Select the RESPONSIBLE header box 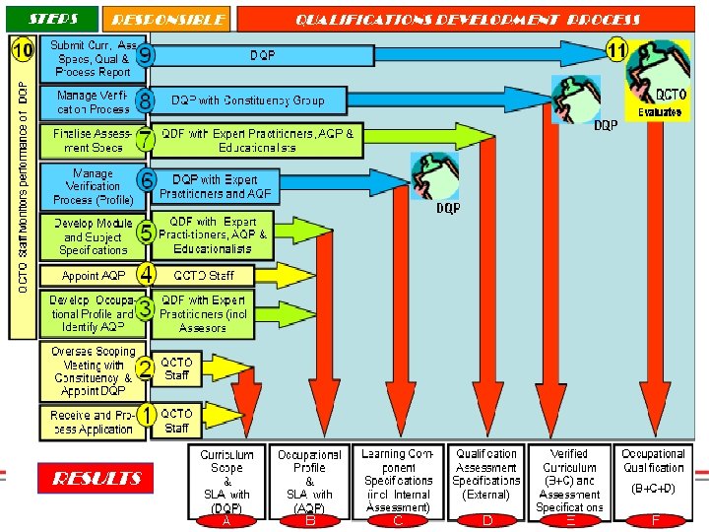pyautogui.click(x=167, y=19)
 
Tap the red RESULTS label pyautogui.click(x=96, y=478)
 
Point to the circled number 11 pyautogui.click(x=617, y=48)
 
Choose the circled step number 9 pyautogui.click(x=145, y=55)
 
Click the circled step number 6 pyautogui.click(x=145, y=180)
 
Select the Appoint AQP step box pyautogui.click(x=90, y=276)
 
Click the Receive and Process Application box pyautogui.click(x=90, y=422)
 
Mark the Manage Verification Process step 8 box pyautogui.click(x=90, y=101)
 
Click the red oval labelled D pyautogui.click(x=486, y=521)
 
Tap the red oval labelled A pyautogui.click(x=227, y=521)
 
